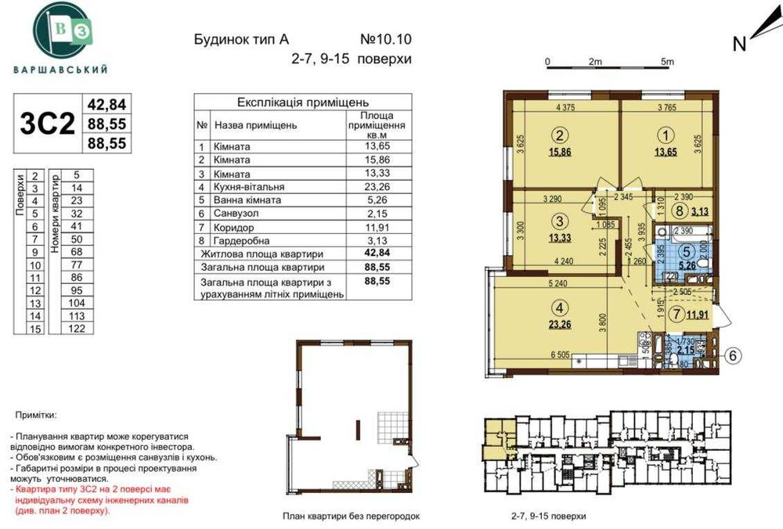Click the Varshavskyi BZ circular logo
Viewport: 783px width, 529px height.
(60, 31)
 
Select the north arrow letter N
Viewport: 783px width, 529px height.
(738, 45)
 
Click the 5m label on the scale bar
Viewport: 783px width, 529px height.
(667, 61)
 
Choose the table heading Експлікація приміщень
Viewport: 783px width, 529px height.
(302, 103)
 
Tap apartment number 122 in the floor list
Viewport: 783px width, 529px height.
(76, 329)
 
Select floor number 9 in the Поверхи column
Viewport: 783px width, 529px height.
(36, 253)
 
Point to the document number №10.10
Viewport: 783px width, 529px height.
(384, 38)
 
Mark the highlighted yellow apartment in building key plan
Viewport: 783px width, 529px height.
(494, 436)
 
